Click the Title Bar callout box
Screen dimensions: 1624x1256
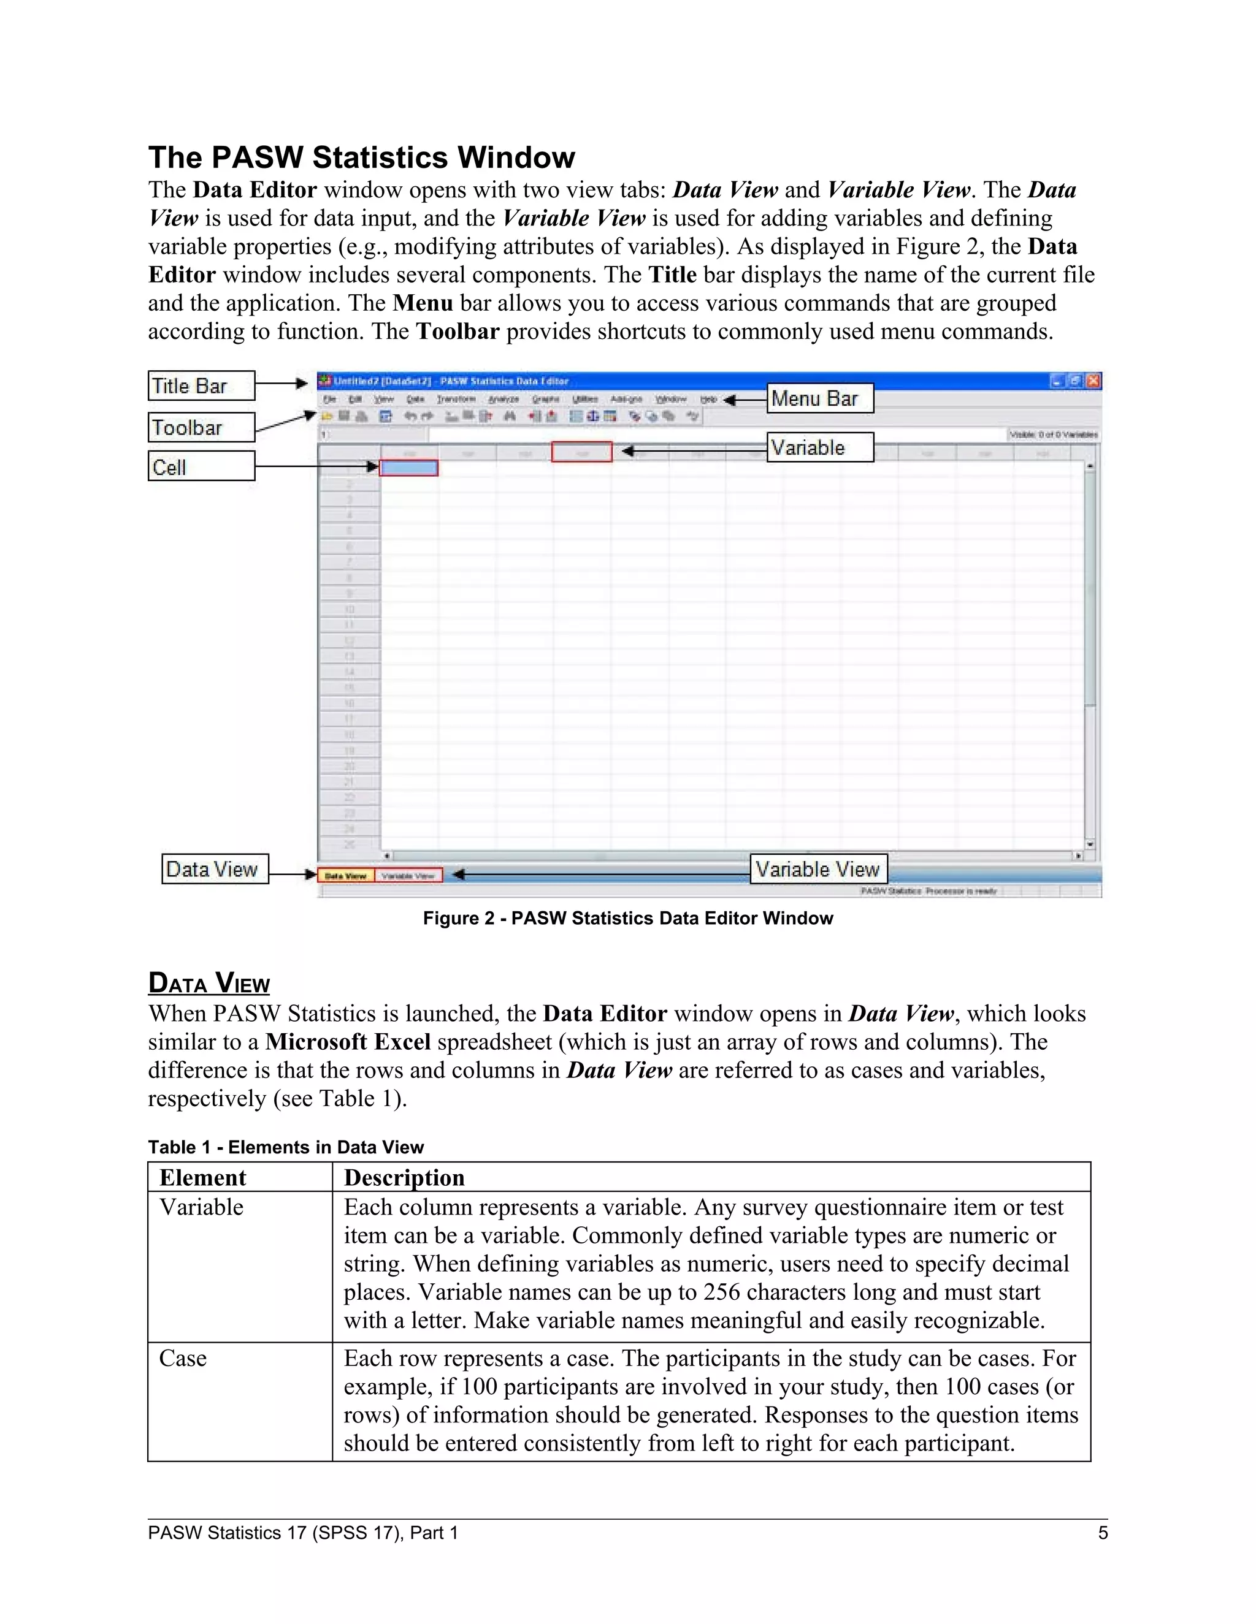[x=201, y=386]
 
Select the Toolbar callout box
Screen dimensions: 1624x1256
[x=201, y=428]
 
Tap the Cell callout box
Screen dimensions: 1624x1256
[x=201, y=467]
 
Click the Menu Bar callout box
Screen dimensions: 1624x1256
[x=819, y=398]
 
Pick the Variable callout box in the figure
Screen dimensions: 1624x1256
[x=819, y=447]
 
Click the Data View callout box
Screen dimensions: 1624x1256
[x=214, y=869]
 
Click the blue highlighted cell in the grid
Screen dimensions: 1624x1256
[x=408, y=468]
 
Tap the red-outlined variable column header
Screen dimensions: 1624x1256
[x=582, y=452]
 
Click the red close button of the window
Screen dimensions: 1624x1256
[x=1093, y=381]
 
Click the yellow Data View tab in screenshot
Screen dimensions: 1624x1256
[x=346, y=876]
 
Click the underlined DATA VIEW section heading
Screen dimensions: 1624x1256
[x=209, y=983]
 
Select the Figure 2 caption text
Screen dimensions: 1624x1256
[x=627, y=919]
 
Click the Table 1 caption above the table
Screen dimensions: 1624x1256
[x=286, y=1147]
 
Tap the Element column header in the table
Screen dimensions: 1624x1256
[x=202, y=1178]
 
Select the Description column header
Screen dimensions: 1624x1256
[x=404, y=1178]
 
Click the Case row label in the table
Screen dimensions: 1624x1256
[x=183, y=1359]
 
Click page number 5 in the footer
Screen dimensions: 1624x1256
[x=1103, y=1533]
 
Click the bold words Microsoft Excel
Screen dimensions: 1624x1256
[x=348, y=1042]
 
